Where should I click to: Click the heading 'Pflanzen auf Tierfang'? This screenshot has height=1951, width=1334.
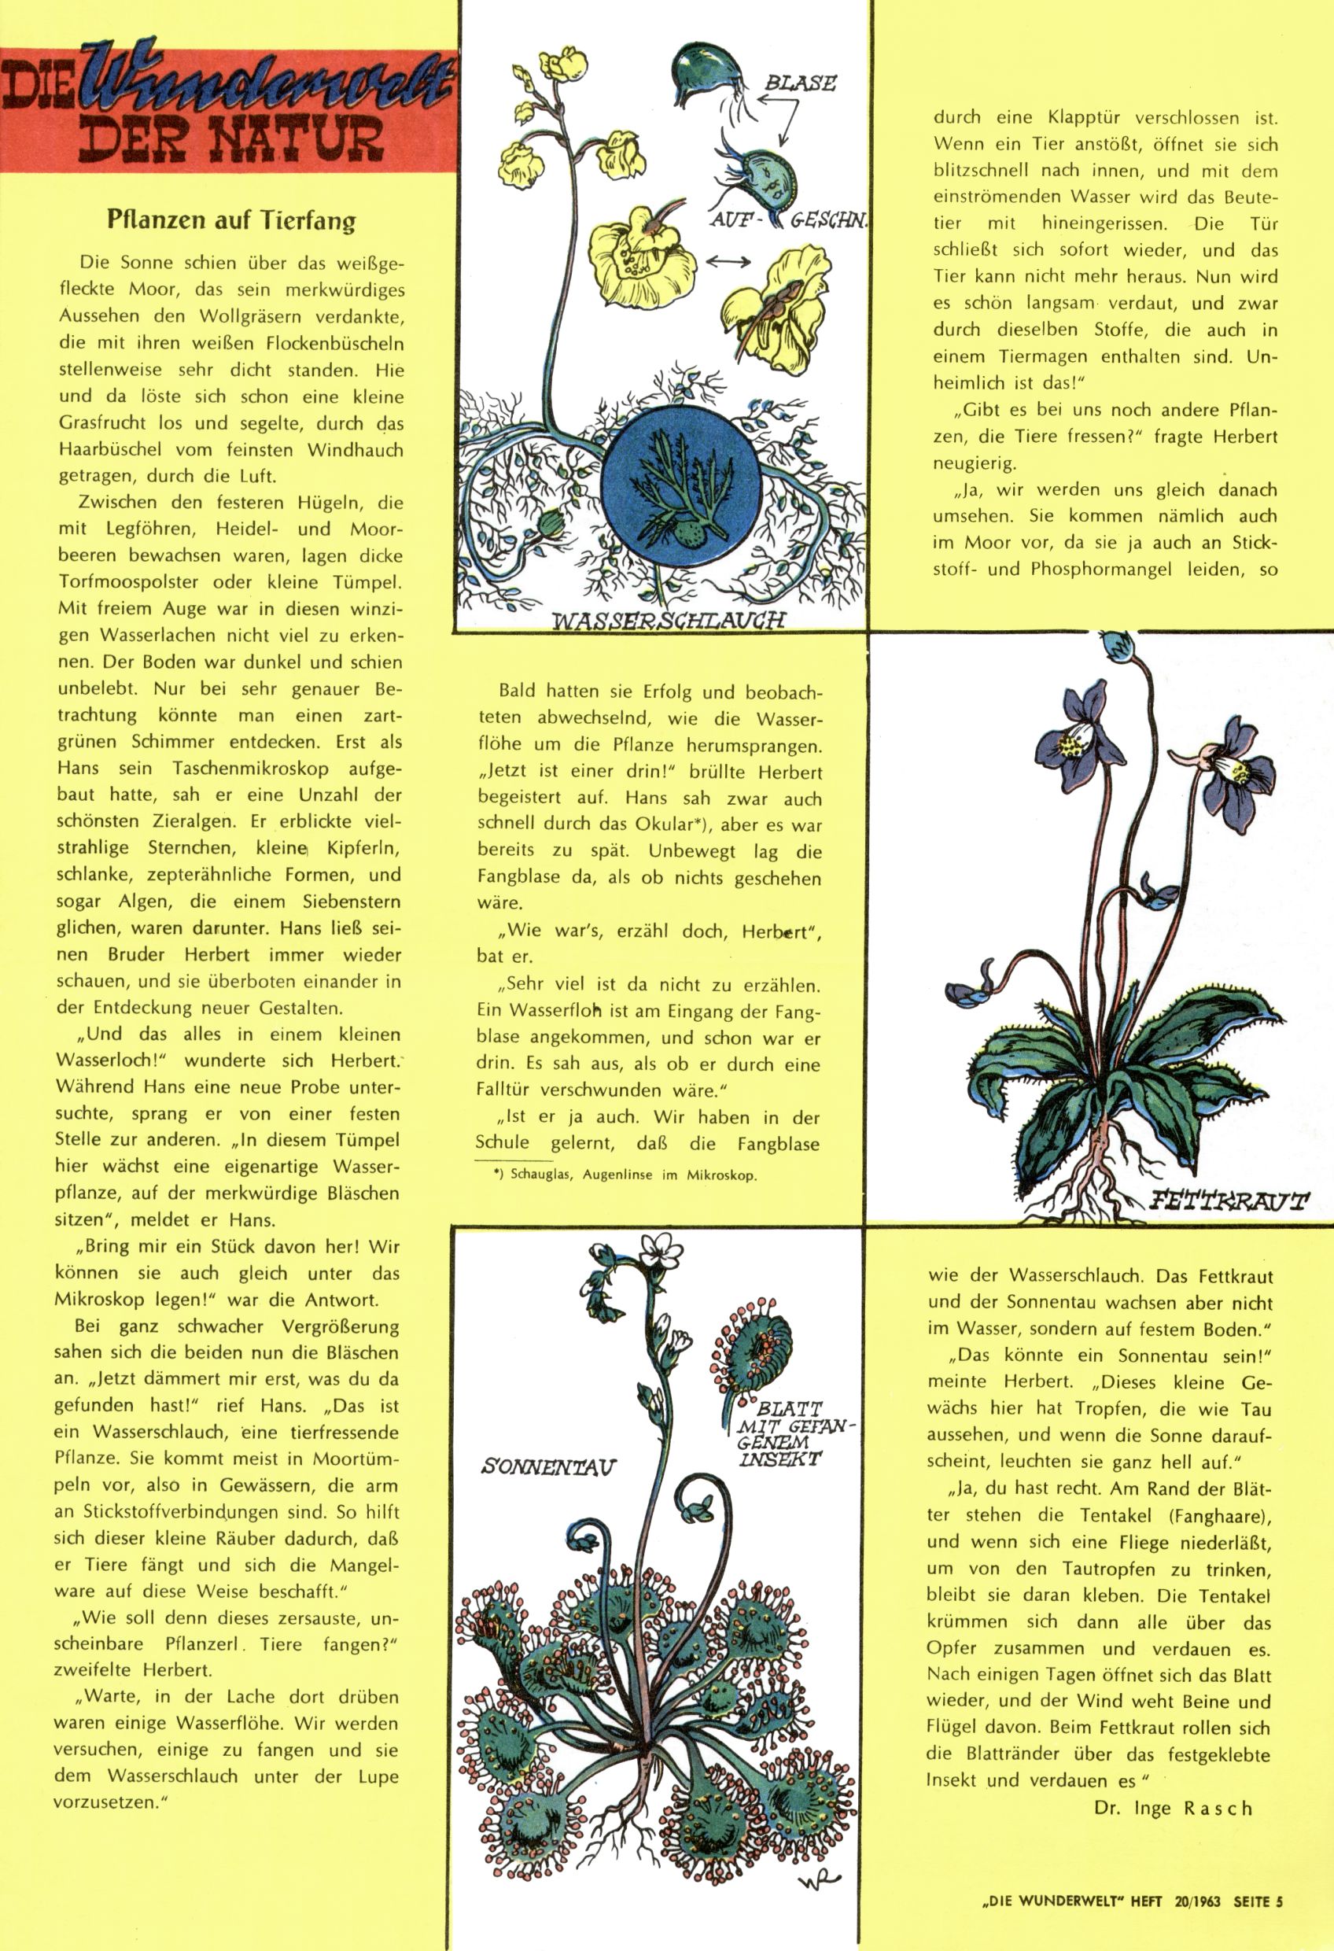231,221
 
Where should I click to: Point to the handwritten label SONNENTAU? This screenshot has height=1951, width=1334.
548,1466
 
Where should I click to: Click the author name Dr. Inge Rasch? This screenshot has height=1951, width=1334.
1173,1808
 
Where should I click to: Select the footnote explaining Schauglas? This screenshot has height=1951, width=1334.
625,1175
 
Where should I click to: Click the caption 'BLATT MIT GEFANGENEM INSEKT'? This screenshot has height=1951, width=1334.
789,1433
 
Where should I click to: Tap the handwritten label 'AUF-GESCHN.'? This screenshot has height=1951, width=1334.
789,221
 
